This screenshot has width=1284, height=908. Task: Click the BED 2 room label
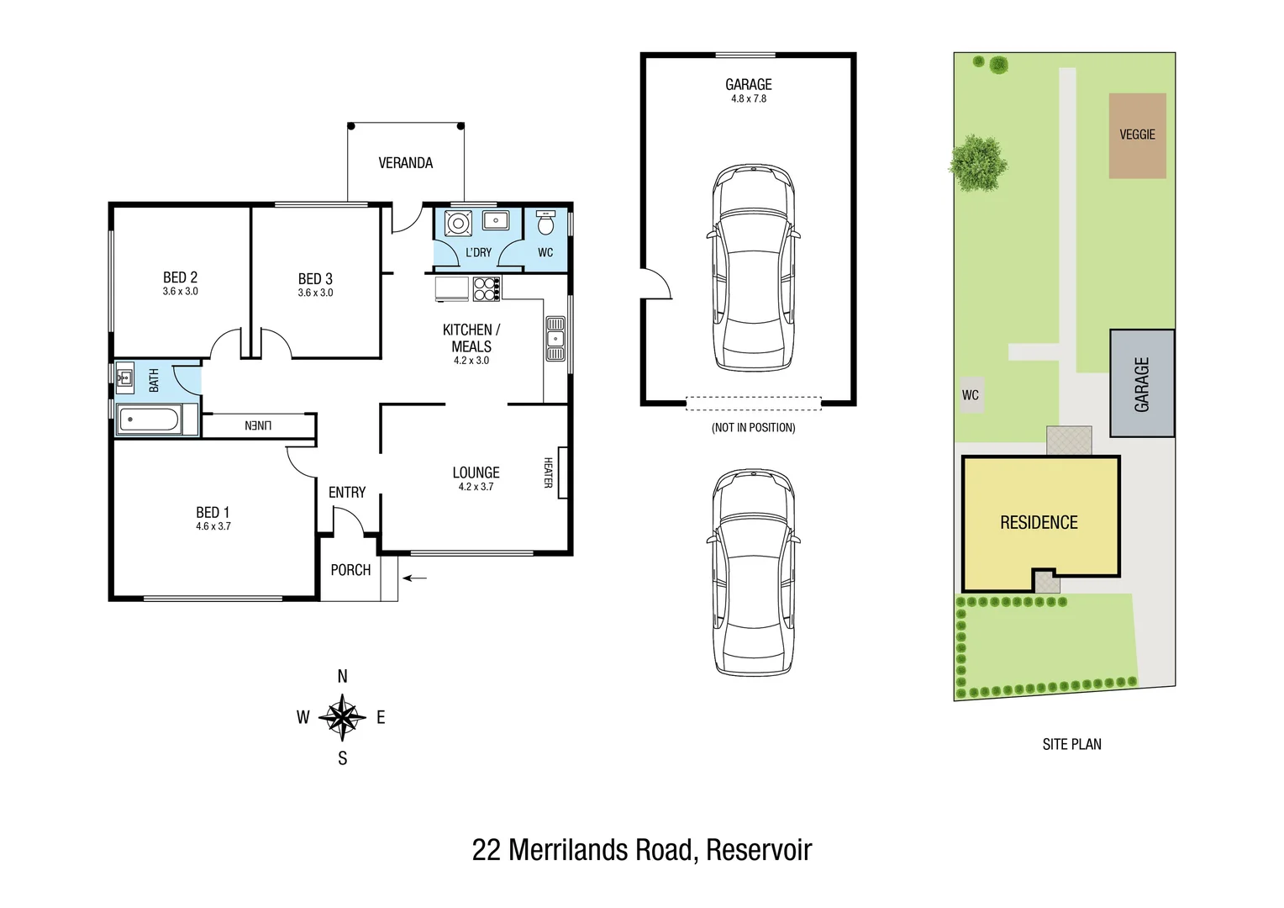click(x=180, y=277)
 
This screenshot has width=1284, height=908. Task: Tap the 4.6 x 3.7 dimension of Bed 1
click(x=213, y=526)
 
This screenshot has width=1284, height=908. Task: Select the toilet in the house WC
click(x=545, y=223)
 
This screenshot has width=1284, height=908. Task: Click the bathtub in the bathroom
click(x=149, y=420)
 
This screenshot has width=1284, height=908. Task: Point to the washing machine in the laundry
click(x=458, y=223)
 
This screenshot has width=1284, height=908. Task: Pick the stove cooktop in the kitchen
click(x=487, y=289)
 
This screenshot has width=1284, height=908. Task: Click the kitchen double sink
click(x=555, y=339)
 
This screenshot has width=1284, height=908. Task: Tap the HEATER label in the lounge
click(x=548, y=472)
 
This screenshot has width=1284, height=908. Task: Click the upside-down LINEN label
click(x=258, y=425)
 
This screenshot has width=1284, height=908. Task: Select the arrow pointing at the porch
click(x=415, y=578)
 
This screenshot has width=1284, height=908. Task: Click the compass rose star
click(x=342, y=717)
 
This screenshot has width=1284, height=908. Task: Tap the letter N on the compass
click(x=342, y=677)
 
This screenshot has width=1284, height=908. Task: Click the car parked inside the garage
click(x=753, y=268)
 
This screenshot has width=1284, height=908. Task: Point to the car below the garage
click(x=753, y=573)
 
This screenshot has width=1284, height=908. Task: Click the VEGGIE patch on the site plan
click(x=1137, y=135)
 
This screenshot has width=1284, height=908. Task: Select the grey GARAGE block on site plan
click(x=1142, y=383)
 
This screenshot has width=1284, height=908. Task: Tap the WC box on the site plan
click(x=971, y=395)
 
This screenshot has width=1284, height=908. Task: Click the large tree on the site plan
click(x=977, y=163)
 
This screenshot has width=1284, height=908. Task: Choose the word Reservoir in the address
click(x=759, y=850)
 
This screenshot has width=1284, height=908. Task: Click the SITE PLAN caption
click(x=1072, y=745)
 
